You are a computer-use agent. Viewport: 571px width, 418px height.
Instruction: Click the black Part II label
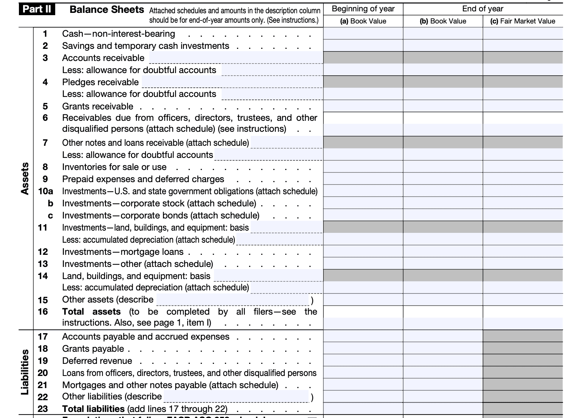[x=37, y=9]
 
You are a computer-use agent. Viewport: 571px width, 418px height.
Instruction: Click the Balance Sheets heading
[x=107, y=9]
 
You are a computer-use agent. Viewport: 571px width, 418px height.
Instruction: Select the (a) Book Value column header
[x=363, y=21]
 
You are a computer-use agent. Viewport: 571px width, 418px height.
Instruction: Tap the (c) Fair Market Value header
[x=523, y=21]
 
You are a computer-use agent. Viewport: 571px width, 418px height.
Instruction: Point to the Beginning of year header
[x=363, y=9]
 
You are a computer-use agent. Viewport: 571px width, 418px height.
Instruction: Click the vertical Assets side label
[x=25, y=178]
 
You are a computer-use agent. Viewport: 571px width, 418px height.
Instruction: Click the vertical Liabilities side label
[x=25, y=372]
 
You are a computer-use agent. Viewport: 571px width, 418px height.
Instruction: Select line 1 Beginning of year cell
[x=363, y=34]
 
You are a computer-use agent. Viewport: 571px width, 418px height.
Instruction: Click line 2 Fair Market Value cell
[x=523, y=46]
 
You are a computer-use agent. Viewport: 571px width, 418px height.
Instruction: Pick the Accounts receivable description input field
[x=236, y=58]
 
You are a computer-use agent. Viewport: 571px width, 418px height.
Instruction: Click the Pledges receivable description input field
[x=232, y=82]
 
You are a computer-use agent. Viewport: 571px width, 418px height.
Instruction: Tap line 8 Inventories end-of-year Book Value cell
[x=443, y=167]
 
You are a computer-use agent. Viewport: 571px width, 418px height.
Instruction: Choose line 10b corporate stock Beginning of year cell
[x=363, y=203]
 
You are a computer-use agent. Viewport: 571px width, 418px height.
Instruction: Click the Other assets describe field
[x=233, y=299]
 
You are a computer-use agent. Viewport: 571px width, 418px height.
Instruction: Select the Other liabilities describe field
[x=237, y=396]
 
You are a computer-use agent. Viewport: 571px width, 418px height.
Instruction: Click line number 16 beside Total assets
[x=43, y=312]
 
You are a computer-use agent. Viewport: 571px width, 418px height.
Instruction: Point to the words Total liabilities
[x=93, y=409]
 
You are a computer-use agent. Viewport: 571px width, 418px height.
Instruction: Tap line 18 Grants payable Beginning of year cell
[x=363, y=349]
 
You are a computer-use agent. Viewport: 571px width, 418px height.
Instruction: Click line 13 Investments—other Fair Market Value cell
[x=523, y=264]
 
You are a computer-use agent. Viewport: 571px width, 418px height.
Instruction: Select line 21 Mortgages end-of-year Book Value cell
[x=443, y=385]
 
